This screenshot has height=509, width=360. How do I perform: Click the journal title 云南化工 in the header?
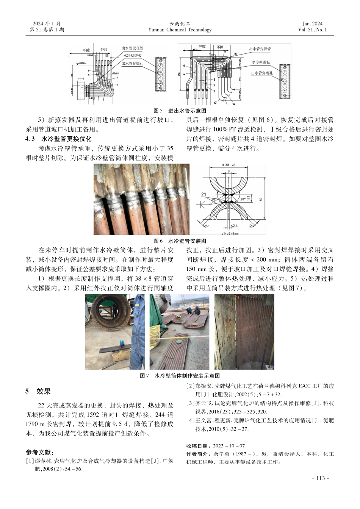click(180, 23)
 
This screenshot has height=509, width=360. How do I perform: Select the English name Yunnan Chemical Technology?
click(180, 30)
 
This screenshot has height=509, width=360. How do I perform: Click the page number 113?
click(320, 478)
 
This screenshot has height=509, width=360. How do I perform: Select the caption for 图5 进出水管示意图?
click(180, 111)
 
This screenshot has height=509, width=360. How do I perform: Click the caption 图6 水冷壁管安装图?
click(180, 241)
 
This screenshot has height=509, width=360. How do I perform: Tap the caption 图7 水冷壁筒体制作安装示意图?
click(180, 376)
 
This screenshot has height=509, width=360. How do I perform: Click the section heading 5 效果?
click(38, 391)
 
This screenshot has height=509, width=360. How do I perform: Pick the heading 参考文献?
click(39, 452)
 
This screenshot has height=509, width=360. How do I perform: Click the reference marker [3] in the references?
click(191, 403)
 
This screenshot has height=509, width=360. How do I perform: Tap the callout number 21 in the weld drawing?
click(204, 195)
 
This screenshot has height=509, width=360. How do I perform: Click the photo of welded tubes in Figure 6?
click(141, 199)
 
